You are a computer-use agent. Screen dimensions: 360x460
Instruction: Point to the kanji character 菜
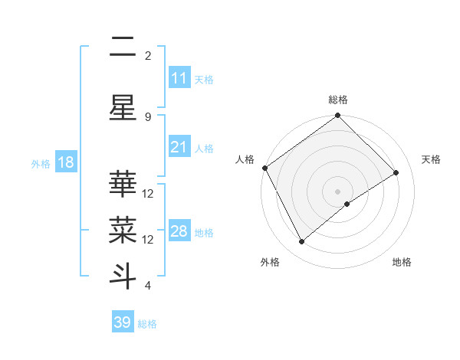click(x=123, y=227)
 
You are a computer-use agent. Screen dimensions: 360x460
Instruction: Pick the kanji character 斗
click(x=123, y=275)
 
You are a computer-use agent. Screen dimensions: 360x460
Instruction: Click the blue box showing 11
click(x=179, y=78)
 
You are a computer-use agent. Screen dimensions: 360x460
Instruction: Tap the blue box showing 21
click(x=179, y=148)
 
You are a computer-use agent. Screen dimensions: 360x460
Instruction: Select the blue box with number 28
click(x=179, y=231)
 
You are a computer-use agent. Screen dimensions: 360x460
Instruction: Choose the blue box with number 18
click(x=65, y=162)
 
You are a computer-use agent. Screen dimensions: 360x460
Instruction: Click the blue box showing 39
click(x=123, y=322)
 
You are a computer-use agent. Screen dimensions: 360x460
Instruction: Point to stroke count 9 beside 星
click(x=148, y=116)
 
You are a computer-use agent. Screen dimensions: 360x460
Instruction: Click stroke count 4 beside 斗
click(x=148, y=286)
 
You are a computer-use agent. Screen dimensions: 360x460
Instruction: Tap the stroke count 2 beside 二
click(x=148, y=56)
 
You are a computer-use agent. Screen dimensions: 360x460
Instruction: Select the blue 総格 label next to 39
click(x=147, y=324)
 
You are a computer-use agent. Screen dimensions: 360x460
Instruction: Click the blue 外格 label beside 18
click(x=41, y=163)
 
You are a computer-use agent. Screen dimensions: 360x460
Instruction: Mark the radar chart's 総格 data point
click(x=337, y=116)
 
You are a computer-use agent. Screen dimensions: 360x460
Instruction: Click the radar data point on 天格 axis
click(x=396, y=173)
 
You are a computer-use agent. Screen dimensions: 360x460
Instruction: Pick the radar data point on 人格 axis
click(x=264, y=168)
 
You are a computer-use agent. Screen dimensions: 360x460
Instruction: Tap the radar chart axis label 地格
click(x=402, y=262)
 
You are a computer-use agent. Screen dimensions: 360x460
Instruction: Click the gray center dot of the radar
click(x=337, y=191)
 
